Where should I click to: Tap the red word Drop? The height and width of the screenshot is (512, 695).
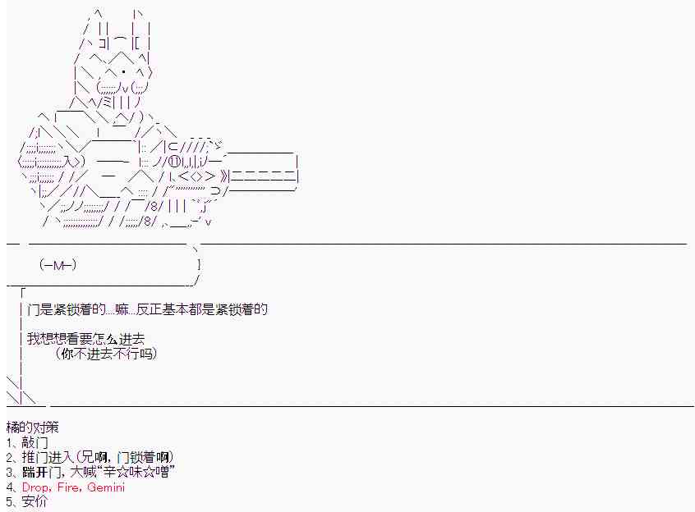[x=36, y=487]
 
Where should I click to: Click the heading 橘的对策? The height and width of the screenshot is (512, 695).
[x=32, y=427]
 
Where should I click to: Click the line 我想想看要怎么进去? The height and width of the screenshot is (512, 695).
[x=90, y=339]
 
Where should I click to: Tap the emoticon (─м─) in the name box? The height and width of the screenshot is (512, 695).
[x=58, y=265]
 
